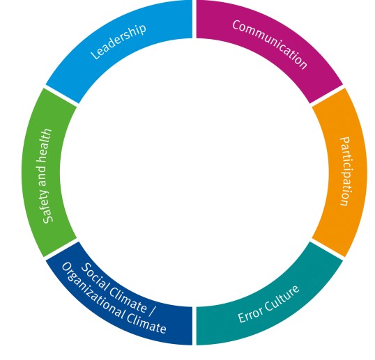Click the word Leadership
[x=118, y=42]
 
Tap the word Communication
[x=270, y=45]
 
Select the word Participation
[x=346, y=171]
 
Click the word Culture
[x=282, y=298]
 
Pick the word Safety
[x=47, y=208]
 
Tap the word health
[x=45, y=143]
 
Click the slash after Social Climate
[x=153, y=311]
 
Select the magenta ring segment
[x=270, y=45]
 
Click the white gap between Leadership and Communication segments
[x=194, y=19]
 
